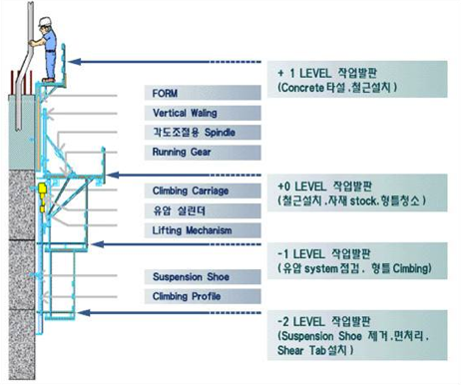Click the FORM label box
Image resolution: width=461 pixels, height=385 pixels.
point(191,94)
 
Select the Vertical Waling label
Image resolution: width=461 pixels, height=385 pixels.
point(191,114)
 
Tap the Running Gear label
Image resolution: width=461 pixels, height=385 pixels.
point(191,152)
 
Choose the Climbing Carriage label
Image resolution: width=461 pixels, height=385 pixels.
point(191,191)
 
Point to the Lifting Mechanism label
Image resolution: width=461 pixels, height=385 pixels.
point(191,230)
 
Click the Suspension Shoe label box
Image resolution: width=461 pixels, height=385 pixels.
point(191,276)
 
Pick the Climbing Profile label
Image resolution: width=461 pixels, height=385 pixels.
point(191,296)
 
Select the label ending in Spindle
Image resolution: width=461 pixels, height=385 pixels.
point(191,133)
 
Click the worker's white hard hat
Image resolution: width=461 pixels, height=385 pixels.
point(43,22)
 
